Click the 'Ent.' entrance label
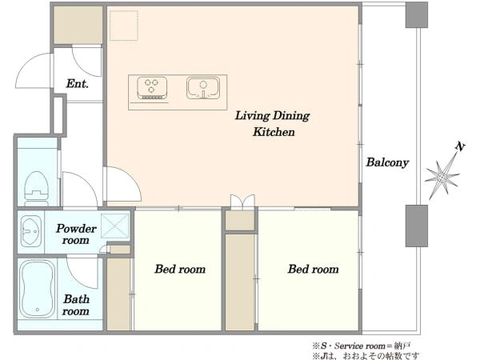tap(78, 83)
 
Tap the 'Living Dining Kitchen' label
tap(273, 124)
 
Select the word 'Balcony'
tap(387, 162)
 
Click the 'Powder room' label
tap(76, 234)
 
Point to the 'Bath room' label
tap(76, 305)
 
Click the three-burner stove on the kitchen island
tap(152, 88)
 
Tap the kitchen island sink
tap(203, 88)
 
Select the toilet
tap(37, 189)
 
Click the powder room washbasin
tap(31, 231)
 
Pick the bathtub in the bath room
tap(37, 290)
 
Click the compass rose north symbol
tap(442, 177)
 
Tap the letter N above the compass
tap(460, 146)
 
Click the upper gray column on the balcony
tap(416, 15)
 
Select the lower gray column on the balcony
tap(416, 226)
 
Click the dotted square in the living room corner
tap(124, 26)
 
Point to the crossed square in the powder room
tap(114, 226)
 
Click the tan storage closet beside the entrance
tap(78, 25)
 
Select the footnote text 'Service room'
tap(360, 346)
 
